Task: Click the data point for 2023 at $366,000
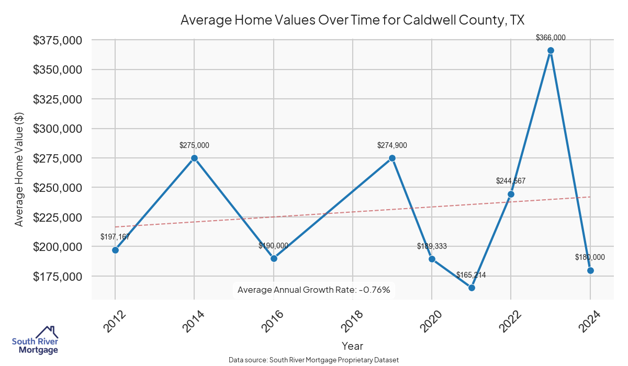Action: pos(551,51)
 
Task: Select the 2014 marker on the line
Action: pos(194,158)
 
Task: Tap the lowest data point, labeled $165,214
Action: pos(472,288)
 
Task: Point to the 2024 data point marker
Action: pos(590,270)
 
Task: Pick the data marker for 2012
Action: pos(115,250)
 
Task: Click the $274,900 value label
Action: pos(392,145)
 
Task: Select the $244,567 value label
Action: pos(511,181)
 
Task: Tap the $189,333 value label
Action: pos(432,246)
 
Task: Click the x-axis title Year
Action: pos(352,346)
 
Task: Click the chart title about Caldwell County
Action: pos(352,20)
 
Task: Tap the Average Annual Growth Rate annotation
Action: pos(314,290)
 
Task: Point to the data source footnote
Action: pos(314,360)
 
